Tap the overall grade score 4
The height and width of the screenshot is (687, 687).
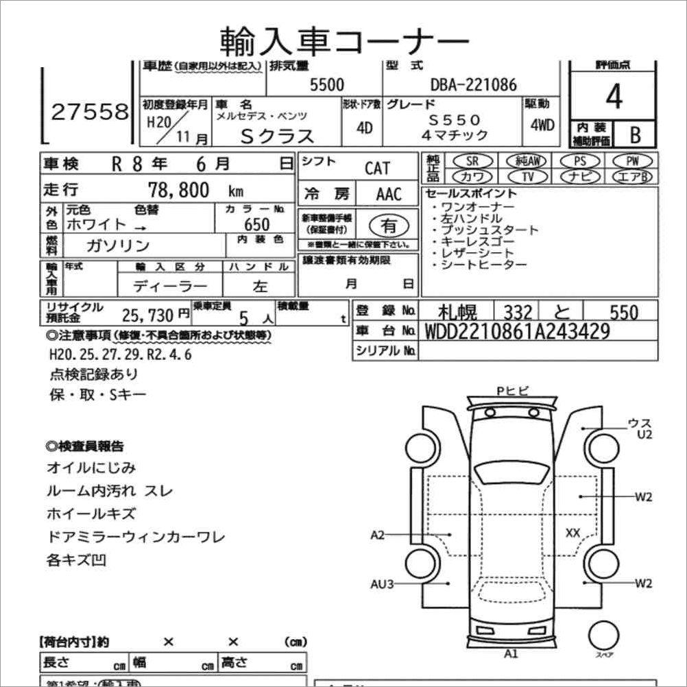pos(614,98)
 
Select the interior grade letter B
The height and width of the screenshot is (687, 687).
pos(635,134)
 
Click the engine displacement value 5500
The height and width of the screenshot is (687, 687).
pos(327,84)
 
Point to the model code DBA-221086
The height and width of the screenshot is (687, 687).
pos(473,84)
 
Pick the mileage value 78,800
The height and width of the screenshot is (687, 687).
pos(179,190)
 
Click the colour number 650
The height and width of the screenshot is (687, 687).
pos(256,224)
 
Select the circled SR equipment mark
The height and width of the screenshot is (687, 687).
pos(472,160)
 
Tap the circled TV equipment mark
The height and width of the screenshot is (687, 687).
pos(528,177)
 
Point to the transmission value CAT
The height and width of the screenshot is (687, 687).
pos(377,168)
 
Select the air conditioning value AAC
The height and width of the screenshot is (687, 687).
pos(389,194)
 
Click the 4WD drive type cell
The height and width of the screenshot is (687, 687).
pos(542,126)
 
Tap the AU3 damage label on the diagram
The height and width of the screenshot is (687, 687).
pos(382,584)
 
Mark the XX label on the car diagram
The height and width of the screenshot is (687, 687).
pos(573,532)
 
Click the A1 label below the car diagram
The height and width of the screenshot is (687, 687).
pos(511,653)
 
